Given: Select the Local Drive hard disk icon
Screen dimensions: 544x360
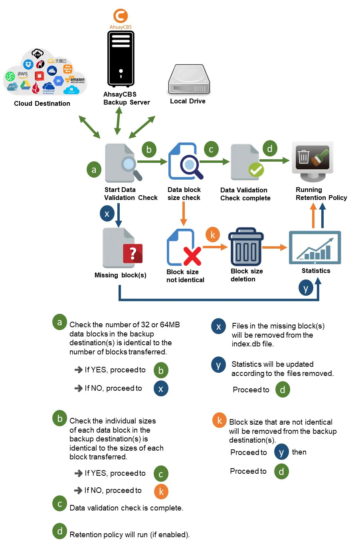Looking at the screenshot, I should tap(189, 80).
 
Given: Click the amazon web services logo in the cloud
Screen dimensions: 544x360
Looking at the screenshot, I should tap(77, 80).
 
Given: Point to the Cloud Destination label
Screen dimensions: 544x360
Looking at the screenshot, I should tap(42, 103).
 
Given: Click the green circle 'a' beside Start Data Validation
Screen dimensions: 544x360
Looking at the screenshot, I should tap(94, 169).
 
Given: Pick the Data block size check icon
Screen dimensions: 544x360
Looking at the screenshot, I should tap(185, 161).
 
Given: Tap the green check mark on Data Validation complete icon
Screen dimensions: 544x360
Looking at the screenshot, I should tap(256, 170).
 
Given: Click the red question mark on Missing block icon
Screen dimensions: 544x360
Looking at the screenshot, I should tap(133, 253).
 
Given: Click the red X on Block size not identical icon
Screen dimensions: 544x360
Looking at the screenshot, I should tap(192, 256).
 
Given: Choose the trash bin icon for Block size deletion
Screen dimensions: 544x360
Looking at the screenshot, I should tap(246, 247).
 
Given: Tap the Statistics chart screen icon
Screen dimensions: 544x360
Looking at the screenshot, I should tap(315, 247).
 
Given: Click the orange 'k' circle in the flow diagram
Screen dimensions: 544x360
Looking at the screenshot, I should tap(213, 235).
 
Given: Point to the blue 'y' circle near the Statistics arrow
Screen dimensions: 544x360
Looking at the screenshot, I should tap(306, 288).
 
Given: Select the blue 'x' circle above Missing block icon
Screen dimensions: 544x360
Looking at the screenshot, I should tap(107, 213).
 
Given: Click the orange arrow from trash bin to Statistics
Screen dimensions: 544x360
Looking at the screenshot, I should tap(275, 247).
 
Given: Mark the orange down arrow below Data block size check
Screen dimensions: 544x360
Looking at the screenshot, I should tap(184, 214).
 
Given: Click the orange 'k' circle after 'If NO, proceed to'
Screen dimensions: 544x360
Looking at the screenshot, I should tap(161, 491).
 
